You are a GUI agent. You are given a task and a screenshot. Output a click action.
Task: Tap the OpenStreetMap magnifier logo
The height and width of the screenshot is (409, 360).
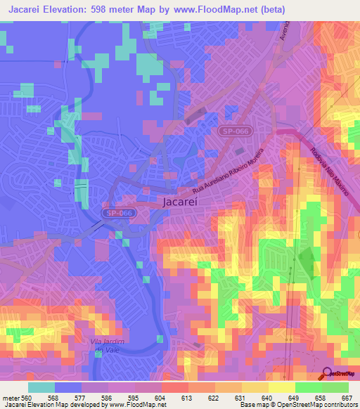coord(328,374)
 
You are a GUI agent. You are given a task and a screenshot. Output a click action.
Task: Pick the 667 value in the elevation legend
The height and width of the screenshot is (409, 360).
coord(347,397)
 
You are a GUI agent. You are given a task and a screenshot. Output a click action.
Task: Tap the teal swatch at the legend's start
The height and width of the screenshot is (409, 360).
coord(41,387)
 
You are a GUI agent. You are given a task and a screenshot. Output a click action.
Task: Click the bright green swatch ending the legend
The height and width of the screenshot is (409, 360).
coord(335,387)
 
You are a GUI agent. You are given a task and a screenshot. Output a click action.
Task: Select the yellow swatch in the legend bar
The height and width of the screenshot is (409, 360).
coord(282,387)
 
